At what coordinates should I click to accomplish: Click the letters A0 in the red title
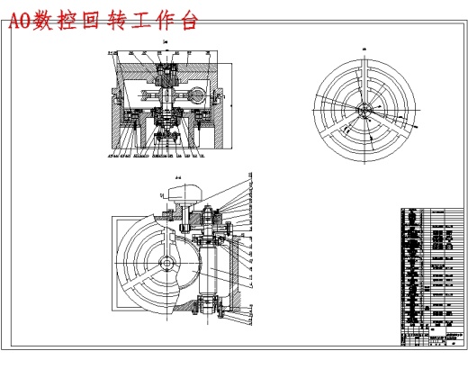[x=19, y=21]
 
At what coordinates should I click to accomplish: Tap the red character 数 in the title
[x=42, y=21]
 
